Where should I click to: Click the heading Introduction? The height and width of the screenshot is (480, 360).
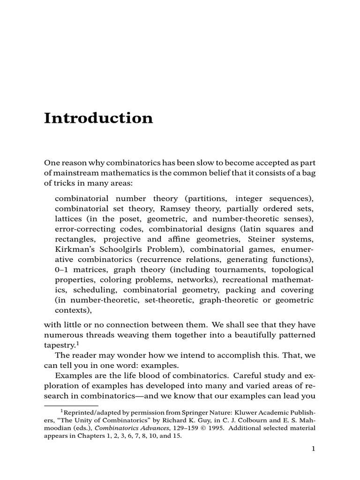(x=98, y=118)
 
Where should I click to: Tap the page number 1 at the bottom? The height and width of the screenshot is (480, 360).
(x=314, y=449)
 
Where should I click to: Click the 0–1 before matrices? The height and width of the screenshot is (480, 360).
(x=61, y=270)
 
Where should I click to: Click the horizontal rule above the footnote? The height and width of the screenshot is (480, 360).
(x=71, y=405)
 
